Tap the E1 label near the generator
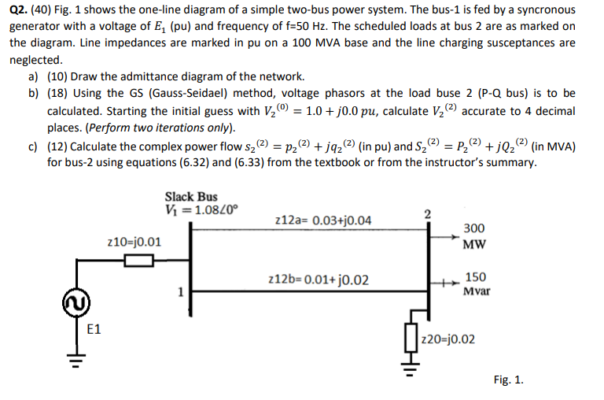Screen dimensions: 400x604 click(94, 329)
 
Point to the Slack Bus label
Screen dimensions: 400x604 click(191, 196)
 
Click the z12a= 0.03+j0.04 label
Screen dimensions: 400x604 click(323, 220)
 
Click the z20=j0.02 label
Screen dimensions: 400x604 click(448, 339)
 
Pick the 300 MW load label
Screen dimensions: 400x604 click(473, 236)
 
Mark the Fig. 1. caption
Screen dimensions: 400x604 click(508, 380)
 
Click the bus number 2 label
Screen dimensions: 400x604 click(427, 213)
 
